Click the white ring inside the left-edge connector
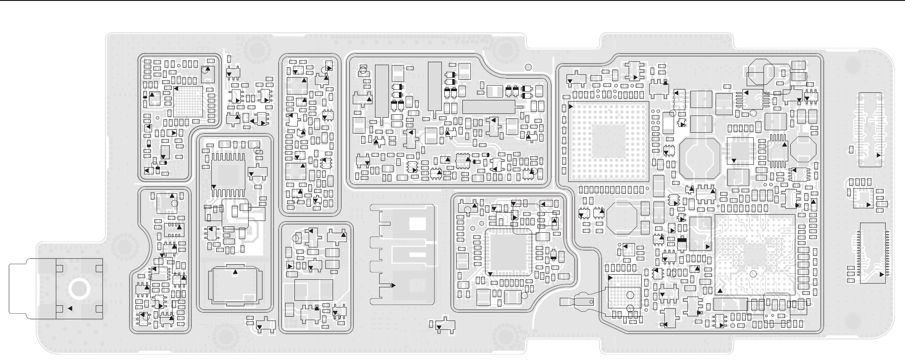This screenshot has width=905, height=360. click(x=79, y=289)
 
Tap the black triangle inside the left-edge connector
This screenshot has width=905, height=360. click(x=70, y=308)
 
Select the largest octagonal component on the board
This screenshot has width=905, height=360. click(x=699, y=158)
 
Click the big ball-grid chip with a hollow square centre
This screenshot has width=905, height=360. click(x=608, y=142)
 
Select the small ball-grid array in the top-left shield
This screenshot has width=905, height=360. click(x=188, y=101)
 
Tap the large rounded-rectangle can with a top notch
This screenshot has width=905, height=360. click(x=234, y=284)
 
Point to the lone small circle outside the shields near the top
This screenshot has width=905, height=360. click(x=528, y=66)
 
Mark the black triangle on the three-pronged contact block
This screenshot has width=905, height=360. click(x=393, y=285)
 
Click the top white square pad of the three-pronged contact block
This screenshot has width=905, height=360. click(x=417, y=224)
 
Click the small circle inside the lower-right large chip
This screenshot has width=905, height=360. click(x=753, y=274)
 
